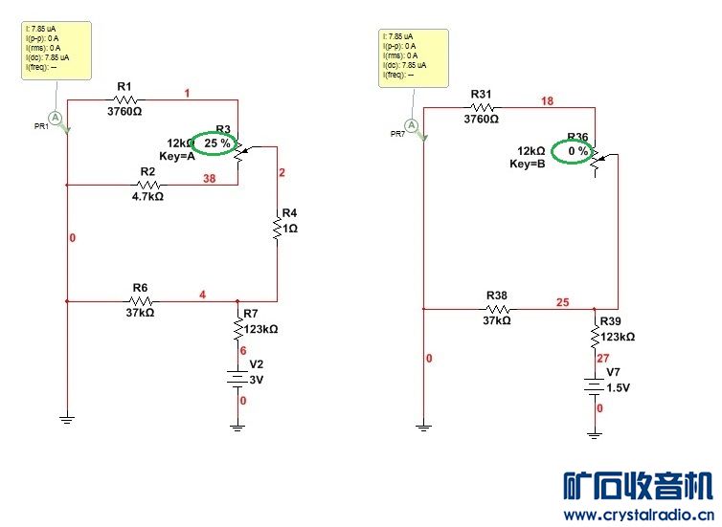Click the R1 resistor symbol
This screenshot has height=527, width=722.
(127, 99)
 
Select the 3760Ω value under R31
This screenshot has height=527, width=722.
(481, 120)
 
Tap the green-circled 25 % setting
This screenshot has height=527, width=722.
(217, 143)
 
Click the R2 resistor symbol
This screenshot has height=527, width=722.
(148, 184)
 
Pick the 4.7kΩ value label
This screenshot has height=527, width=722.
(147, 197)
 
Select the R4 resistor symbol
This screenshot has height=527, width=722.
(277, 228)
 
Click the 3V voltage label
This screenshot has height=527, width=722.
(256, 380)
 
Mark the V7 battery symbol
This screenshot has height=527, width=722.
(595, 386)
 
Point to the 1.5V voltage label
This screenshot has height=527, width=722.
(618, 387)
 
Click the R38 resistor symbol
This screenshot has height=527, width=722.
(497, 309)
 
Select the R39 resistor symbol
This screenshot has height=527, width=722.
(595, 337)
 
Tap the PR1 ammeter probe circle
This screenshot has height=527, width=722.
(56, 117)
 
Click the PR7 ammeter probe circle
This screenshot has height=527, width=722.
(412, 125)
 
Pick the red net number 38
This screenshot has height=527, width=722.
(208, 178)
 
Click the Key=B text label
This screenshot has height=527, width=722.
(527, 165)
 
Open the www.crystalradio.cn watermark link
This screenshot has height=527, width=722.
(637, 516)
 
